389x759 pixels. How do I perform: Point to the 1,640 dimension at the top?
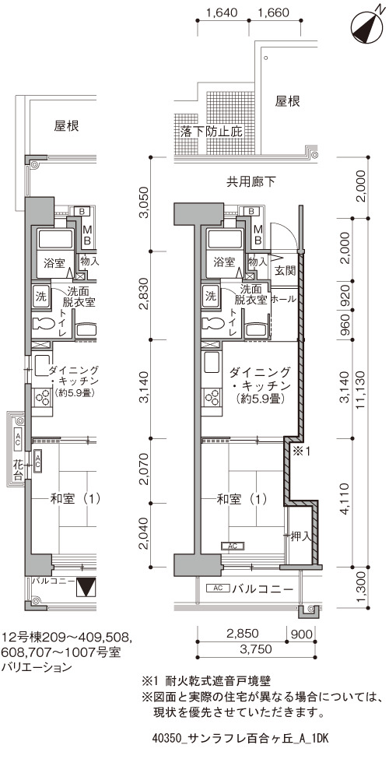(x=222, y=12)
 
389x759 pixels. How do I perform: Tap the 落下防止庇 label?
(x=211, y=132)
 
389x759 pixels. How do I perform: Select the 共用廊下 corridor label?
(x=251, y=182)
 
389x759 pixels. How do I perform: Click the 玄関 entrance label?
(x=285, y=271)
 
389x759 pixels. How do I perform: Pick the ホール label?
(x=283, y=300)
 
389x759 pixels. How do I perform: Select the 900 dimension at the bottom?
(x=301, y=633)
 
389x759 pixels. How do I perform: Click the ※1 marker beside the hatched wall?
(x=300, y=452)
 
